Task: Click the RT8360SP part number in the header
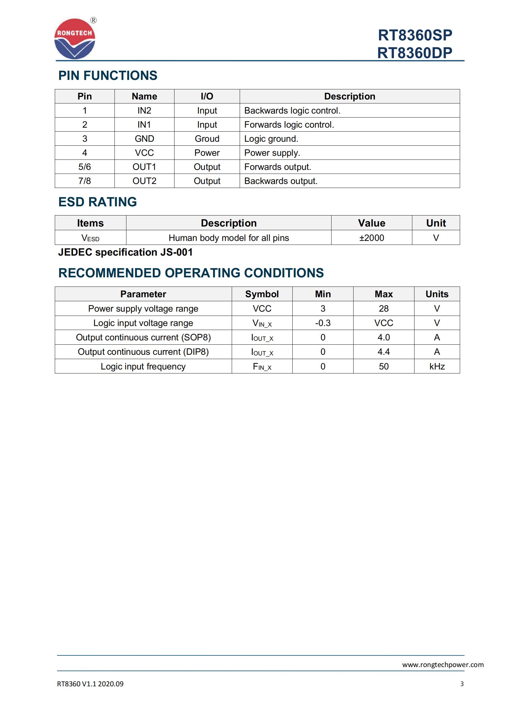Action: click(x=415, y=35)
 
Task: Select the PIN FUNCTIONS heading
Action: click(x=108, y=76)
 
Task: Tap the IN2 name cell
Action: click(x=144, y=111)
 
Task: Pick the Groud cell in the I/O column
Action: click(x=207, y=139)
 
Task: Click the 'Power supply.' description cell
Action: click(x=272, y=153)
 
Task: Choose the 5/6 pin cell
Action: click(x=84, y=167)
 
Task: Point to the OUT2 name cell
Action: click(x=144, y=181)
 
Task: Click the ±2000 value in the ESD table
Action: click(x=371, y=238)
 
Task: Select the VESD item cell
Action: click(x=90, y=238)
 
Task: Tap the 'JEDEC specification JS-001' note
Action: click(x=126, y=252)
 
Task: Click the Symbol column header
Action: click(x=262, y=294)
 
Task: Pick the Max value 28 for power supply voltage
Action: click(x=384, y=309)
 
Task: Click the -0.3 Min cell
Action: click(x=323, y=323)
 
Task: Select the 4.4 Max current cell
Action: click(x=384, y=352)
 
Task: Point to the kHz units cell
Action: click(x=437, y=366)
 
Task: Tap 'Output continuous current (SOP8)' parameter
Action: click(x=144, y=337)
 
